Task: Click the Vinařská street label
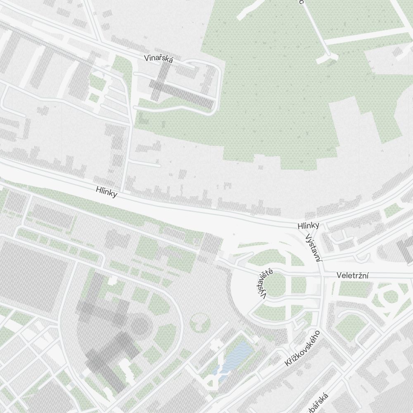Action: [159, 58]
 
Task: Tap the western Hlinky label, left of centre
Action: [106, 192]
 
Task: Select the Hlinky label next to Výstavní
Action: [308, 225]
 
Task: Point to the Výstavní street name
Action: [313, 248]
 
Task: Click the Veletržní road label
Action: [352, 275]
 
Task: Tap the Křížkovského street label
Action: [302, 348]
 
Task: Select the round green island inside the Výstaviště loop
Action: [275, 285]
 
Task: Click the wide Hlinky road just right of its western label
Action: [140, 202]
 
